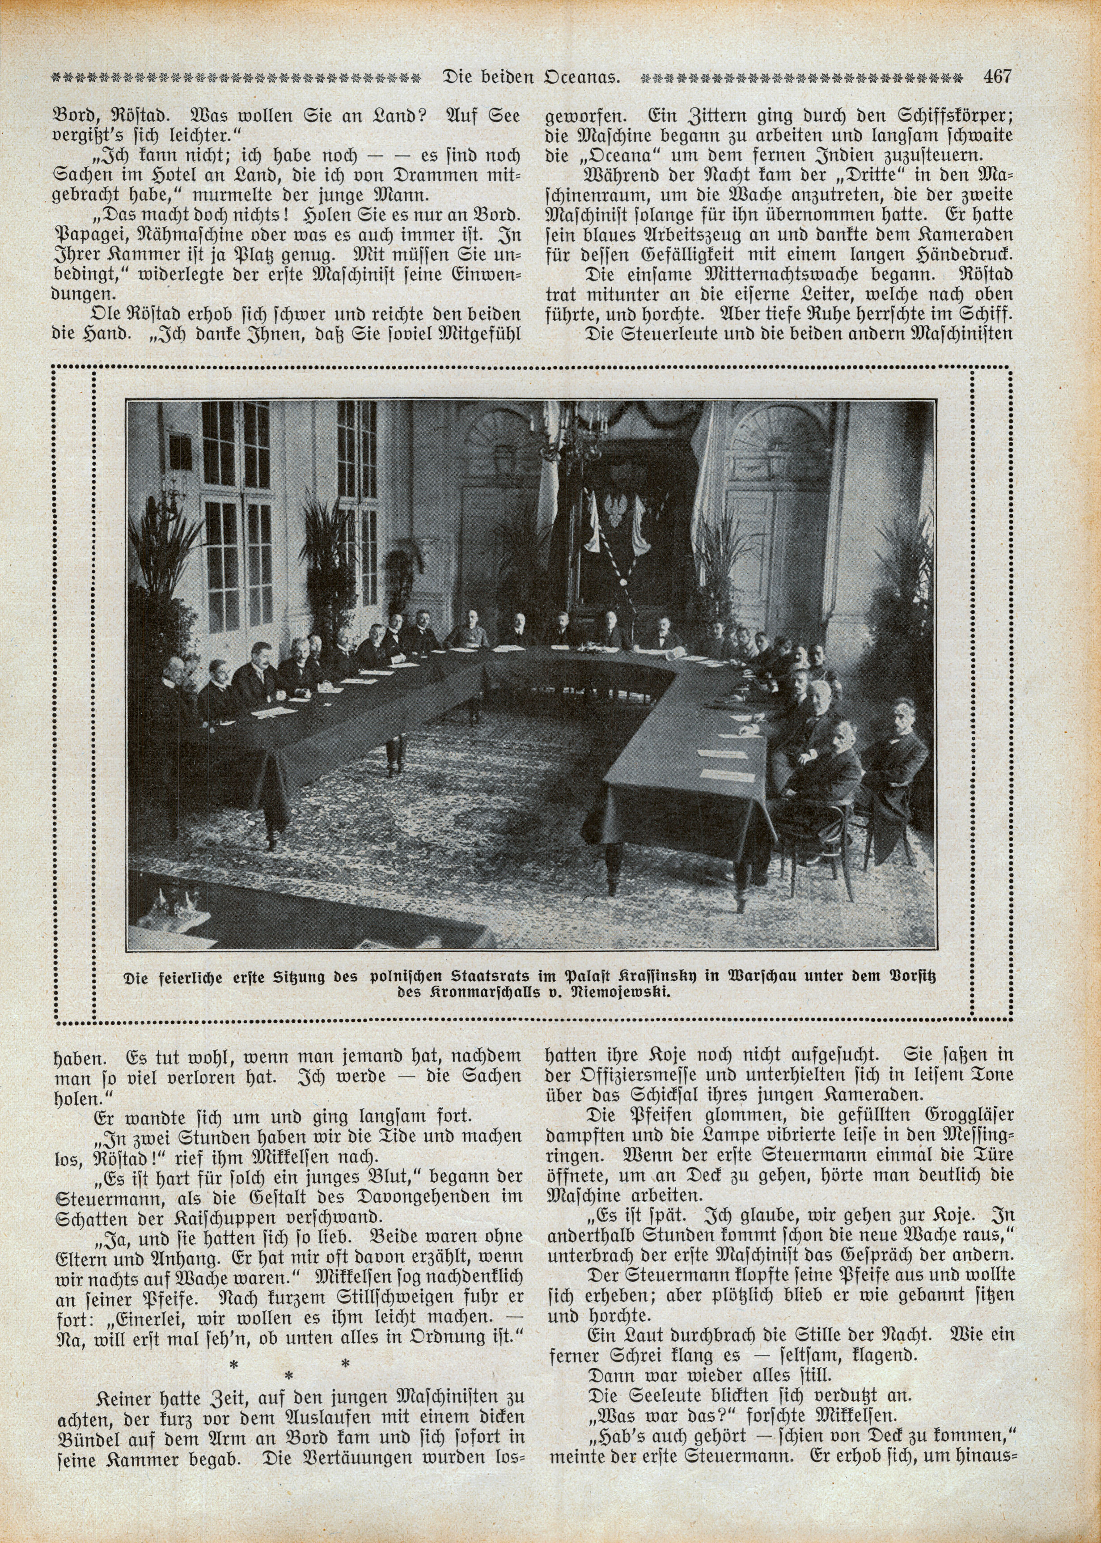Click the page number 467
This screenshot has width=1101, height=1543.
pos(997,76)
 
